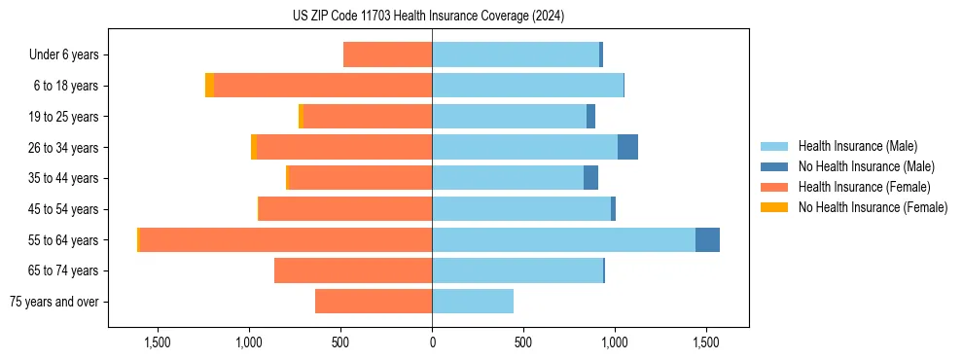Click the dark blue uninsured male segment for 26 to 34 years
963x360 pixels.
627,147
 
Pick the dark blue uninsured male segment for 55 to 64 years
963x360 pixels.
707,239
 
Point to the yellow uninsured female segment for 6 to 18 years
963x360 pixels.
209,86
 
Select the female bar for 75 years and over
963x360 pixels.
374,302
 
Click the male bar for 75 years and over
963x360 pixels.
473,302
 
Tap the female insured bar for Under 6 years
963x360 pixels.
387,54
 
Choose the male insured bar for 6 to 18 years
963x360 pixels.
527,86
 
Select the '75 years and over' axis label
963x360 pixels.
54,302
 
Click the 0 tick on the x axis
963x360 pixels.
432,342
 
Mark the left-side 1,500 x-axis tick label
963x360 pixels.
158,342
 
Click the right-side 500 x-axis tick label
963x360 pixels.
522,342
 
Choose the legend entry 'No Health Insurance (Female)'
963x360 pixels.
873,207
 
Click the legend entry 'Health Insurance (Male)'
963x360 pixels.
857,146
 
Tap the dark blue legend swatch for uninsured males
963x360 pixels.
775,166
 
